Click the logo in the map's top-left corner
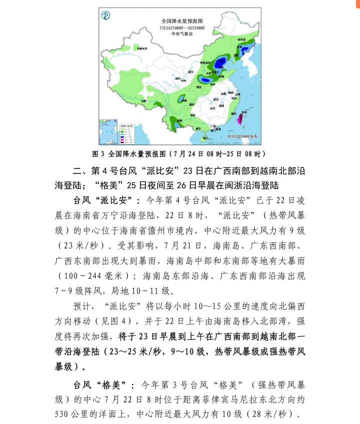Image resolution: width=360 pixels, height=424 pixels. tap(105, 16)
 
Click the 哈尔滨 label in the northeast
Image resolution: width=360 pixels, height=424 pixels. tap(241, 39)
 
